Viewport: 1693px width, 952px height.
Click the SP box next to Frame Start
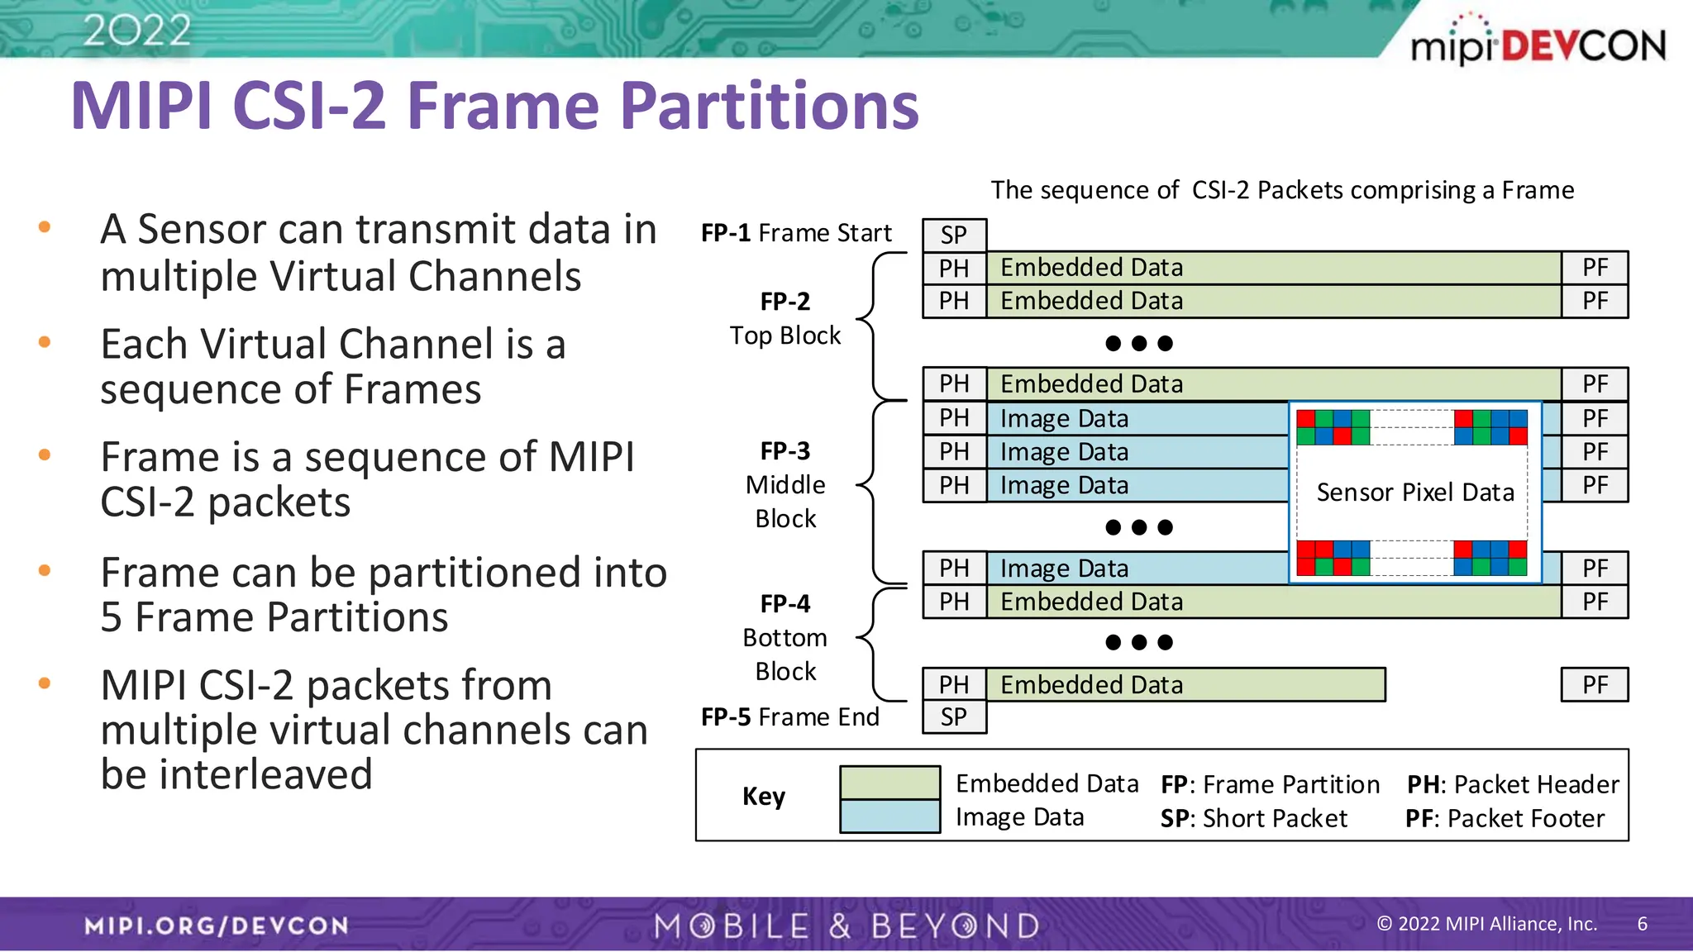click(x=954, y=236)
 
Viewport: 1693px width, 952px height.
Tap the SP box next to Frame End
click(x=954, y=717)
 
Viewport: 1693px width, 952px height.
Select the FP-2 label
click(x=785, y=302)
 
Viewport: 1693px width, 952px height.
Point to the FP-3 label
click(x=785, y=451)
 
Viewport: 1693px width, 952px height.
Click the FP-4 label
click(x=785, y=604)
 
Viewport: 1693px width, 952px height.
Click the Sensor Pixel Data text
click(x=1415, y=493)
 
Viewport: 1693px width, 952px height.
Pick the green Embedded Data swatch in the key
click(x=889, y=783)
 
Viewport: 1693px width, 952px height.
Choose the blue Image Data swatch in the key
click(x=889, y=816)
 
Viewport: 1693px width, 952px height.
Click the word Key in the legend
click(x=763, y=796)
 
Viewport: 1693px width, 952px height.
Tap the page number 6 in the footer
click(x=1642, y=924)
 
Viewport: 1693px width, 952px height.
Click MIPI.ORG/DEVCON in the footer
click(x=217, y=926)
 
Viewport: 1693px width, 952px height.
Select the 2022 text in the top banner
click(x=137, y=31)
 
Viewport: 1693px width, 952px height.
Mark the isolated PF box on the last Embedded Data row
click(x=1595, y=685)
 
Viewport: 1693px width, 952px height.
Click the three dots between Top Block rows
click(x=1138, y=343)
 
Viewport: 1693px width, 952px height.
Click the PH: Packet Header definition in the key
click(x=1513, y=784)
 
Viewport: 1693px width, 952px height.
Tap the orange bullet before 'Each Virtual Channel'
click(x=45, y=341)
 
